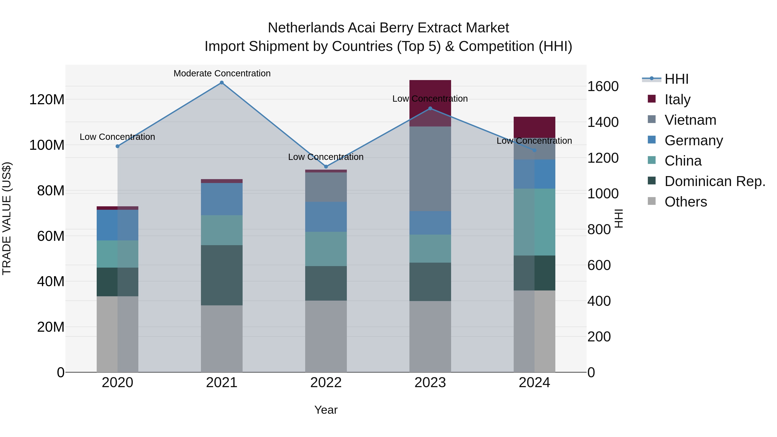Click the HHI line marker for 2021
tap(222, 83)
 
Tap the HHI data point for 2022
tap(326, 166)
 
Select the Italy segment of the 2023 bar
tap(430, 90)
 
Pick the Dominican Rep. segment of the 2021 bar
tap(222, 275)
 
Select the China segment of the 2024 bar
tap(534, 222)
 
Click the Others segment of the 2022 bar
tap(326, 336)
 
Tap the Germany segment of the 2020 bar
tap(117, 225)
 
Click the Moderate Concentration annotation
tap(222, 73)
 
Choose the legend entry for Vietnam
tap(690, 120)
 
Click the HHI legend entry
tap(677, 79)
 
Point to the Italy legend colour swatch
tap(652, 99)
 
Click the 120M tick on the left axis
tap(47, 99)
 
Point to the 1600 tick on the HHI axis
tap(603, 87)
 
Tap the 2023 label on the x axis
tap(430, 383)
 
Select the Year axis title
tap(326, 410)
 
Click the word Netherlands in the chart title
tap(306, 28)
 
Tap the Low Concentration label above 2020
tap(117, 137)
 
